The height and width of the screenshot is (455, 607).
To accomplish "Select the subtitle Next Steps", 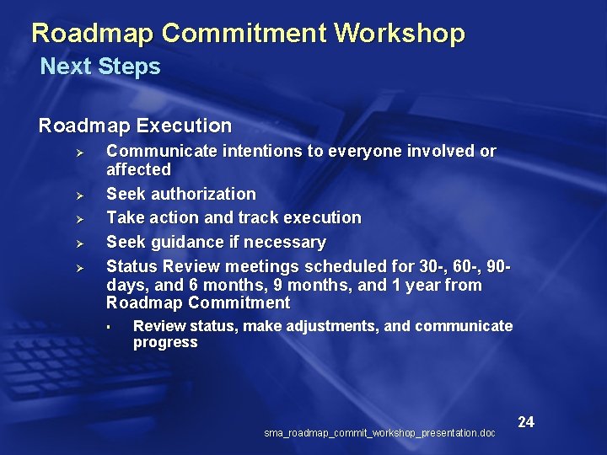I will click(100, 67).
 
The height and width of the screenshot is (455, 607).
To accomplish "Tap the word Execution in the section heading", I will click(184, 126).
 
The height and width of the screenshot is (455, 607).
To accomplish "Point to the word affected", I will click(138, 169).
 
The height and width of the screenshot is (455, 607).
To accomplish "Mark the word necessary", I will click(288, 243).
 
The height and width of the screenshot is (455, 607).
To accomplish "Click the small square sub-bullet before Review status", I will click(109, 327).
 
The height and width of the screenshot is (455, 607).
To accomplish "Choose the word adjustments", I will click(333, 326).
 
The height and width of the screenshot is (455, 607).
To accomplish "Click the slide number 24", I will click(526, 421).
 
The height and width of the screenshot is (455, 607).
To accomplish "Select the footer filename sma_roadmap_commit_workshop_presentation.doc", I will click(379, 433).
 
